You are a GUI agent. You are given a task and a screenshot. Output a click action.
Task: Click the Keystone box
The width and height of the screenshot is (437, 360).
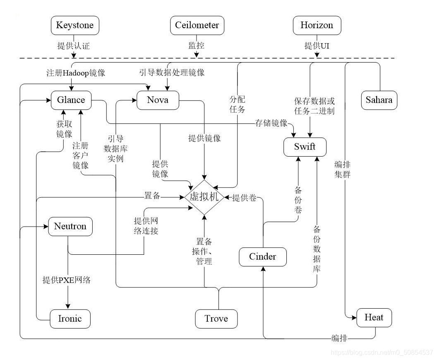tap(75, 25)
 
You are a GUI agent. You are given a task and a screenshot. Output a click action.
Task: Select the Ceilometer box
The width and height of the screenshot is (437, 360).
tap(197, 25)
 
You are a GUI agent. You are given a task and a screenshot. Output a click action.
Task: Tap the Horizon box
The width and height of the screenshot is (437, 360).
tap(317, 25)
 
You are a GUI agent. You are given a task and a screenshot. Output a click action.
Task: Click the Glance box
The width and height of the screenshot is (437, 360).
tap(71, 100)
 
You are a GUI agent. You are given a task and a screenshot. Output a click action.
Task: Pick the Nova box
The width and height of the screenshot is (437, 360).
tap(158, 100)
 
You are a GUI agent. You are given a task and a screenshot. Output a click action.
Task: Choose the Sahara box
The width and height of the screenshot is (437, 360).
tap(379, 100)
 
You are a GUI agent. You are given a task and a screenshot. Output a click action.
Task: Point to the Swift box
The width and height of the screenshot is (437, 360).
tap(305, 147)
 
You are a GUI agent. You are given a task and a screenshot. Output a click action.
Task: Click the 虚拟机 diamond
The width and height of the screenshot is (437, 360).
tap(204, 197)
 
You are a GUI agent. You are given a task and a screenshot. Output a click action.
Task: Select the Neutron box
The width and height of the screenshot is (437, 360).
tap(70, 227)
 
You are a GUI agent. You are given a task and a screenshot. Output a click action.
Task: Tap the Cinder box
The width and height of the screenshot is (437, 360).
tap(262, 257)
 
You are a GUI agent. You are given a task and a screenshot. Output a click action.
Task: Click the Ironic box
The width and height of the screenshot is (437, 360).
tap(70, 319)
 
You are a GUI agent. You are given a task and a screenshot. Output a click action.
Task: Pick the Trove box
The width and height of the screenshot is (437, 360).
tap(216, 319)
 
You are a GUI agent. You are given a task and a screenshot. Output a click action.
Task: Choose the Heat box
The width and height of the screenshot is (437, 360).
tap(374, 318)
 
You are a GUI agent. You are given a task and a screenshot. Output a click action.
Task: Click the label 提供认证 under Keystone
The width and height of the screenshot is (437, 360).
tap(73, 46)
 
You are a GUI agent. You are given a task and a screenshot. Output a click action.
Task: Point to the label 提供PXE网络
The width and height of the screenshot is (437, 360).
tap(66, 280)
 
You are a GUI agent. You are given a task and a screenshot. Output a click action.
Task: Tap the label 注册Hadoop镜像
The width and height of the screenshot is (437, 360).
tap(76, 73)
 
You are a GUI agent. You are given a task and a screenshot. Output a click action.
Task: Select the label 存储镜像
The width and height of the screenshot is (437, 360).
tap(271, 123)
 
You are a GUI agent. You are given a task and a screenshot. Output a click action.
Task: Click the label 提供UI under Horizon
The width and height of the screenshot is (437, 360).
tap(317, 46)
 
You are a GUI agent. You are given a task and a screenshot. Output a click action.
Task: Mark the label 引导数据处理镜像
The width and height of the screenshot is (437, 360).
tap(172, 72)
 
